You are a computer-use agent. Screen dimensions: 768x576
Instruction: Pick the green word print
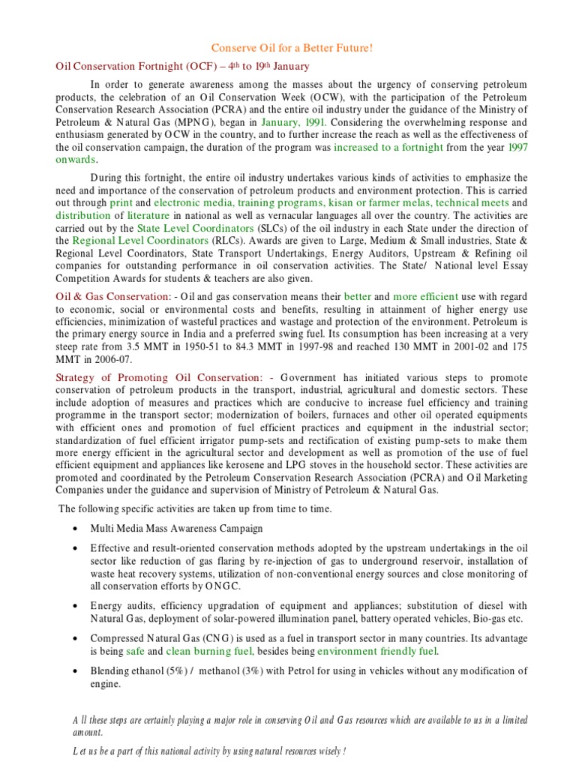click(121, 202)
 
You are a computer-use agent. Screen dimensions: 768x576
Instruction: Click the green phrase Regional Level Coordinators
click(140, 241)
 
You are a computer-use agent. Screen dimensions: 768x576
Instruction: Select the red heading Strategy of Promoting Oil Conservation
click(159, 377)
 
